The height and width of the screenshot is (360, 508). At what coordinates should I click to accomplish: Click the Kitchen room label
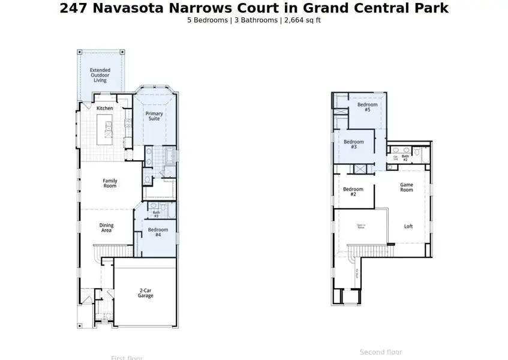[x=105, y=108]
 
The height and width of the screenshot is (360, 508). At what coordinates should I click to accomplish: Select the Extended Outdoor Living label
[x=100, y=75]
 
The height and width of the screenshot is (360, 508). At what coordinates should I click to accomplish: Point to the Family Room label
[x=110, y=184]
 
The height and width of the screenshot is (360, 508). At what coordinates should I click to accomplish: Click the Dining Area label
[x=106, y=228]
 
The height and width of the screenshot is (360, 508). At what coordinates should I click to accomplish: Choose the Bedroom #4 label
[x=158, y=232]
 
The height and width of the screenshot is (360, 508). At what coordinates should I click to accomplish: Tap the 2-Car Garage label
[x=145, y=293]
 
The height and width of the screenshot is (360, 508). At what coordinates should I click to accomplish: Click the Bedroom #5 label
[x=367, y=107]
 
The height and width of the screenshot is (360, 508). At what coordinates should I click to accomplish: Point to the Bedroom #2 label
[x=353, y=192]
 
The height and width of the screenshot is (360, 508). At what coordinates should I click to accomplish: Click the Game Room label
[x=407, y=187]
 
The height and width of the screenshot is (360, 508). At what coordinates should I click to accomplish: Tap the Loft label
[x=408, y=227]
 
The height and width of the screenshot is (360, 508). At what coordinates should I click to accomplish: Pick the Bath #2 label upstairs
[x=405, y=158]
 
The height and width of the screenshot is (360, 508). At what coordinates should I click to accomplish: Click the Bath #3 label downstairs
[x=156, y=214]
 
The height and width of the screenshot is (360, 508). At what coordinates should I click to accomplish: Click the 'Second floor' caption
[x=381, y=352]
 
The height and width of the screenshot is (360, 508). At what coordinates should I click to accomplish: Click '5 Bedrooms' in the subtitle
[x=207, y=20]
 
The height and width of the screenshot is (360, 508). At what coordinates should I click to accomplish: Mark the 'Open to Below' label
[x=361, y=226]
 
